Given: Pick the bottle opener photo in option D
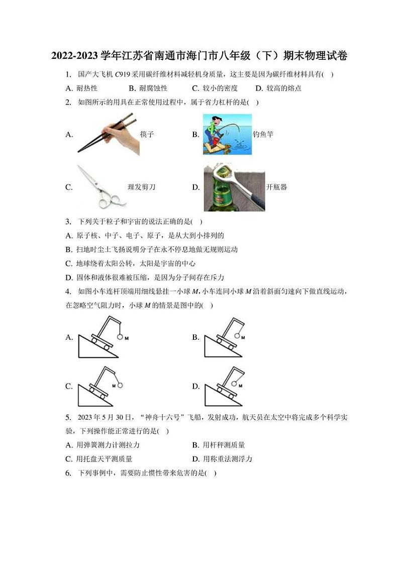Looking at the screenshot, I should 234,187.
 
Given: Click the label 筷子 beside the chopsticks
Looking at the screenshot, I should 147,134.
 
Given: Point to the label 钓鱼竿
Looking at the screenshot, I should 263,134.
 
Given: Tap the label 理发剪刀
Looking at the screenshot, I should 141,187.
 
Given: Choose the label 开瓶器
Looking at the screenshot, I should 277,187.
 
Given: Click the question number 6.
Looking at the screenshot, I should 68,473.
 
